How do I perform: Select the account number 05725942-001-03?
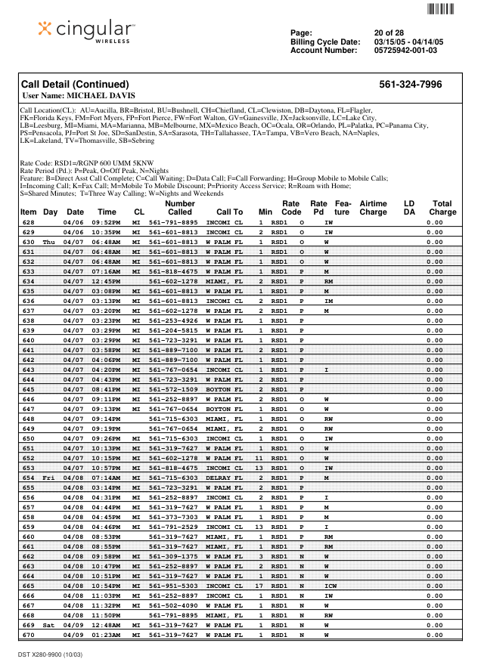[405, 51]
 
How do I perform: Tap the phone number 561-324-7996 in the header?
[410, 85]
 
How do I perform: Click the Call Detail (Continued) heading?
[75, 85]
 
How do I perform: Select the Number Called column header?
[179, 208]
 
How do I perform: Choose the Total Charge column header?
[442, 208]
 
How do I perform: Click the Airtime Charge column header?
[373, 208]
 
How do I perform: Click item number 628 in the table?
[29, 223]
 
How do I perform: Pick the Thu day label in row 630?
[49, 242]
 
